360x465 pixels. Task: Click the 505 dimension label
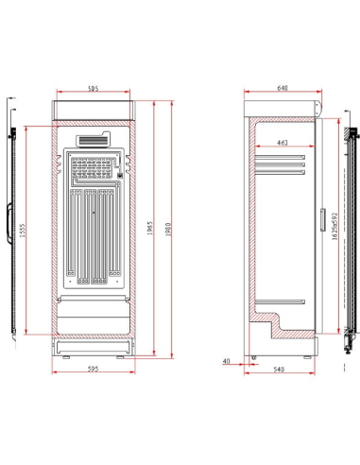tap(93, 88)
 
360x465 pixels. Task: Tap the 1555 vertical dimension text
tap(22, 231)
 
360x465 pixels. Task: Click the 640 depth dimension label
tap(282, 88)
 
